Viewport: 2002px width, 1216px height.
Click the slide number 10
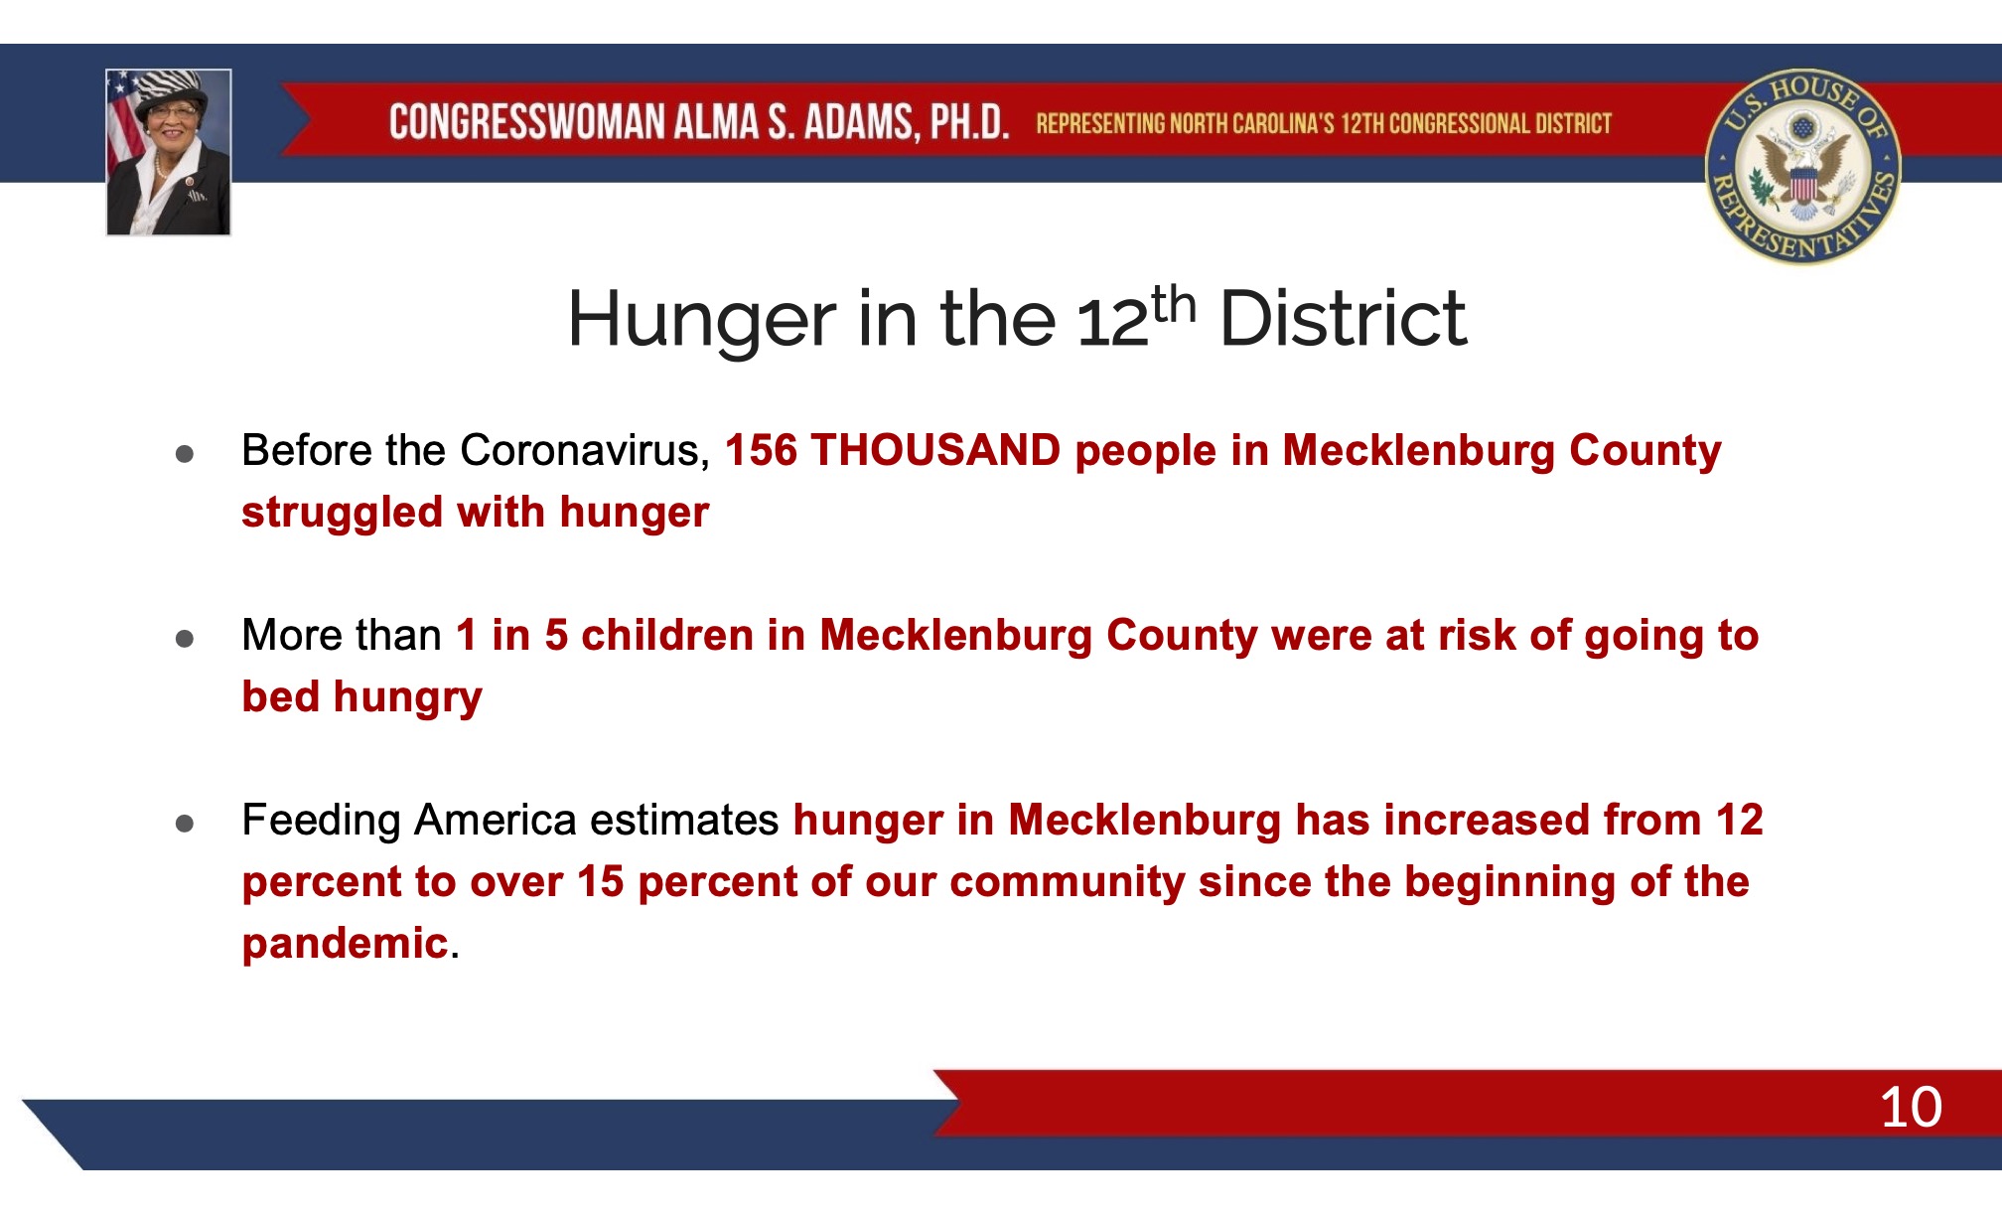(1911, 1107)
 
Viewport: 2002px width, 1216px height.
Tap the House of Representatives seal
(1802, 167)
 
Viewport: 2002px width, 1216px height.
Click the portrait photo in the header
(169, 152)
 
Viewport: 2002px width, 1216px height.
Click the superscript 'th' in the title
(1174, 303)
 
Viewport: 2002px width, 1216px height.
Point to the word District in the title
(1343, 319)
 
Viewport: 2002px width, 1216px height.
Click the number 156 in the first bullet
(761, 450)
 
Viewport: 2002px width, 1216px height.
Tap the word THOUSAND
(935, 450)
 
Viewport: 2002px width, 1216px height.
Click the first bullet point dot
(185, 454)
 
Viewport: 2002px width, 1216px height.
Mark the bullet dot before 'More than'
(185, 639)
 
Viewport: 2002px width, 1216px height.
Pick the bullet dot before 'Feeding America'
(185, 824)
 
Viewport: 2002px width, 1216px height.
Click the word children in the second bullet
(667, 635)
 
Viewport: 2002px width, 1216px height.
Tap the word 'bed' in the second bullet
(281, 696)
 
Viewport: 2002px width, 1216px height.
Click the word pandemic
(345, 944)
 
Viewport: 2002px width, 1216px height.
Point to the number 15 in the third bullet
(600, 882)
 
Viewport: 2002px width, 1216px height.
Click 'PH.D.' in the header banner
(968, 122)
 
